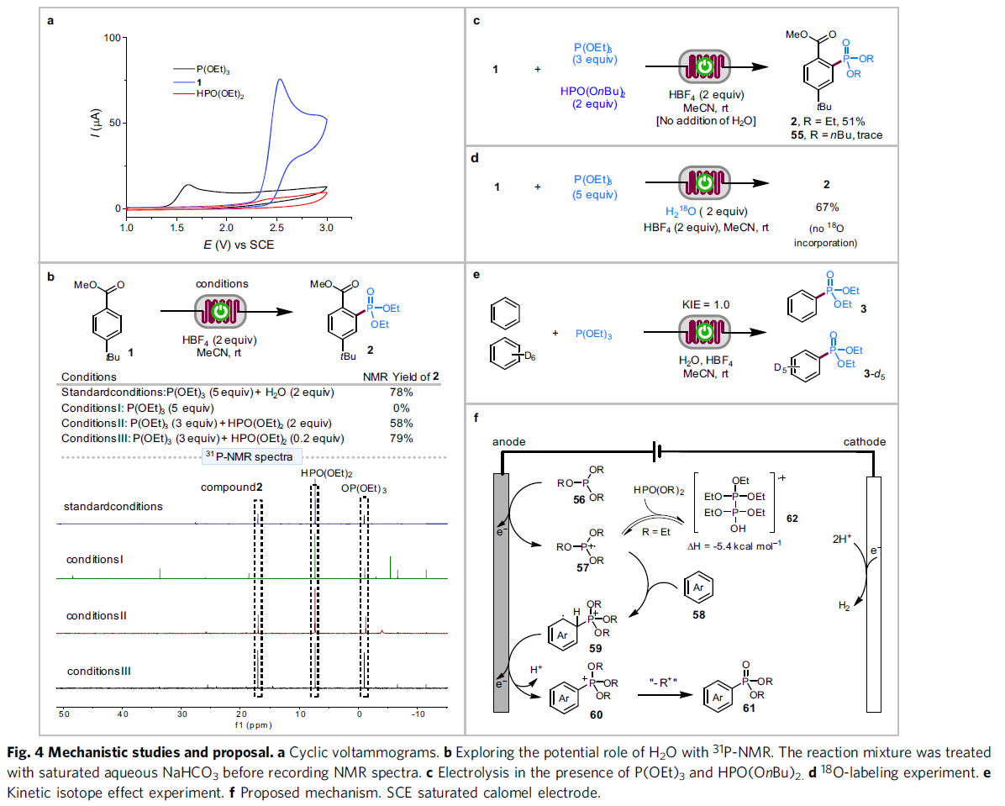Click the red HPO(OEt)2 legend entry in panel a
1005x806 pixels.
tap(209, 94)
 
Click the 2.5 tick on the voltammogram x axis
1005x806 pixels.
tap(276, 228)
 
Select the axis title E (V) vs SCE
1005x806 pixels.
tap(239, 245)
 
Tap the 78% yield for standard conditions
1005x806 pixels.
tap(401, 392)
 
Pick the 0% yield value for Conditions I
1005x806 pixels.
tap(401, 408)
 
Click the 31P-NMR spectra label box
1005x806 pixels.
tap(252, 456)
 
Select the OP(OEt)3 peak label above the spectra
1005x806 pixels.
tap(364, 488)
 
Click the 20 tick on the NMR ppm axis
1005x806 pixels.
tap(242, 714)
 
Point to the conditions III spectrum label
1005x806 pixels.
tap(98, 672)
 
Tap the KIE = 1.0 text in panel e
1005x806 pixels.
tap(706, 304)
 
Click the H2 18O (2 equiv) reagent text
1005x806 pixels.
tap(707, 211)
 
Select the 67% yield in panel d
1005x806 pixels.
tap(827, 207)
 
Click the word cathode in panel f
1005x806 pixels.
tap(865, 442)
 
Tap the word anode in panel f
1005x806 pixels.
tap(509, 442)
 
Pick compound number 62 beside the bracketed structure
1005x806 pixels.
tap(792, 518)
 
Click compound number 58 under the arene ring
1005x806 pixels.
tap(698, 615)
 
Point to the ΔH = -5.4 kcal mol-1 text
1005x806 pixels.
tap(734, 545)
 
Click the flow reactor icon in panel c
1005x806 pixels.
tap(704, 66)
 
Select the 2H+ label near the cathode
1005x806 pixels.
tap(841, 540)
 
